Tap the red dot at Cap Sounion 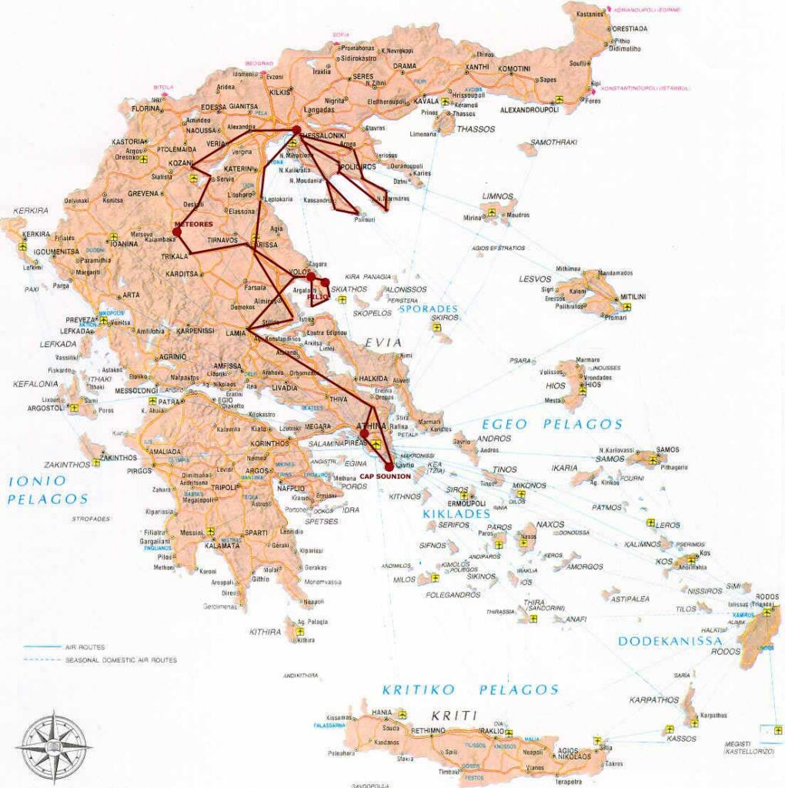click(389, 466)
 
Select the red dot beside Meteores click(177, 231)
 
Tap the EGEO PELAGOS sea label click(551, 424)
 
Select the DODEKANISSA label click(670, 640)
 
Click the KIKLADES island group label click(456, 513)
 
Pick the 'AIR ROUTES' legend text click(85, 647)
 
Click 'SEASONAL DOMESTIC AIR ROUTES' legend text click(121, 660)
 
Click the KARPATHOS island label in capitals click(653, 700)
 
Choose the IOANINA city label click(123, 244)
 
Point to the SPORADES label click(428, 309)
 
